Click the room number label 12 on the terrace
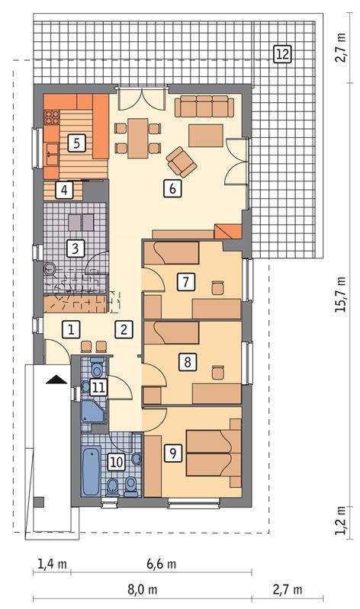point(282,53)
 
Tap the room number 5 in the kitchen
point(74,141)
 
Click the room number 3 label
point(74,248)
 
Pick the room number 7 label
point(184,282)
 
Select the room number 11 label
point(98,386)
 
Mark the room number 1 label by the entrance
point(69,329)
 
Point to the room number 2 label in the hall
point(123,329)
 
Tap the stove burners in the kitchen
point(53,118)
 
